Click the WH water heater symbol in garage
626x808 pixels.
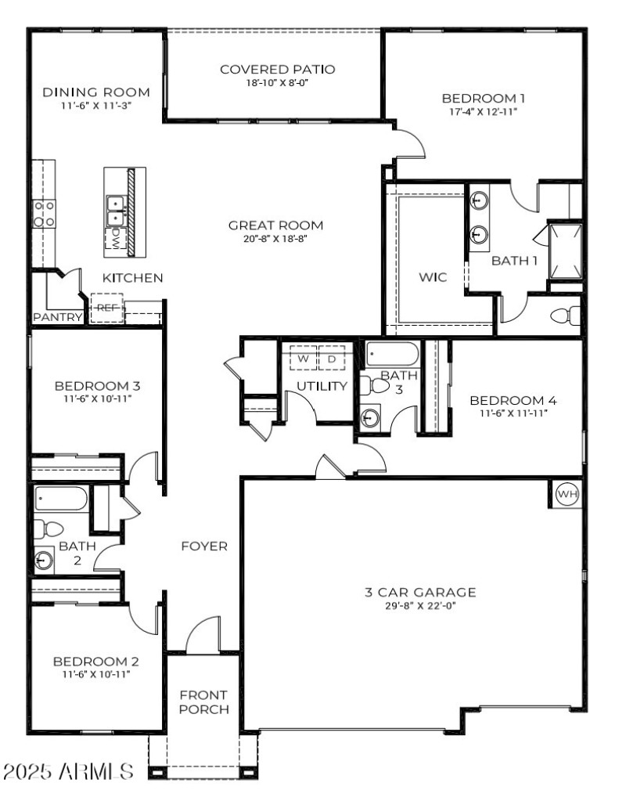click(566, 495)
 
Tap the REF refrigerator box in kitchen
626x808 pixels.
click(106, 308)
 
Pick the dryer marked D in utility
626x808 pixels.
click(332, 358)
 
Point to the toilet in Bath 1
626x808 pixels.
click(565, 316)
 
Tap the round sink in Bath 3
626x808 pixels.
click(368, 418)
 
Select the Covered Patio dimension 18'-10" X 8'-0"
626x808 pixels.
click(277, 82)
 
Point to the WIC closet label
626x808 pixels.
click(433, 278)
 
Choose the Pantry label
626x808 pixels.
click(57, 317)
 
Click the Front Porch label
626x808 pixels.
click(203, 702)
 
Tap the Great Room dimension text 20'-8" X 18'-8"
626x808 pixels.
click(275, 239)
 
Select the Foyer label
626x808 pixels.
click(204, 546)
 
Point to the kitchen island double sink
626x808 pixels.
click(116, 209)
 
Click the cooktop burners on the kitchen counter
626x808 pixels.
click(43, 214)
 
